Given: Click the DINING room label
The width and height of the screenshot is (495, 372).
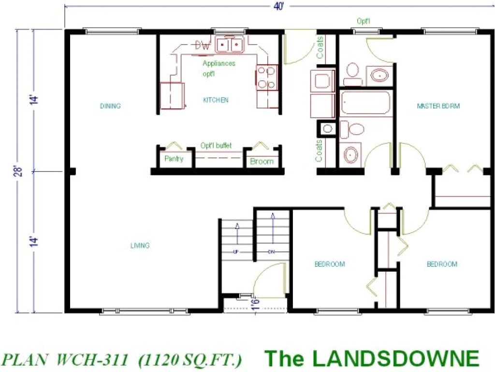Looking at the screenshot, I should (x=110, y=106).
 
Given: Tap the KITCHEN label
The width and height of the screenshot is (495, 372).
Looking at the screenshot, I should (x=216, y=100).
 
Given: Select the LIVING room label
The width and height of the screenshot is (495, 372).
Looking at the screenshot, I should (x=140, y=246).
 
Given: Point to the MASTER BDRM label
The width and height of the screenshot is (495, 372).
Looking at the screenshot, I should (x=438, y=106).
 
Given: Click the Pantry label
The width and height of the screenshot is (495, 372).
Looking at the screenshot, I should (x=174, y=159).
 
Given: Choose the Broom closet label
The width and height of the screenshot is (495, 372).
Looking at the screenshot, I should (x=262, y=162).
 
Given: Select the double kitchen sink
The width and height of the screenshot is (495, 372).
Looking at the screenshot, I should (x=229, y=45).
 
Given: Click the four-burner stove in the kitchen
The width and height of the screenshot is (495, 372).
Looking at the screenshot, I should (x=266, y=77).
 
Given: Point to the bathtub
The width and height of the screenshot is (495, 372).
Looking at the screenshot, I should (x=365, y=103).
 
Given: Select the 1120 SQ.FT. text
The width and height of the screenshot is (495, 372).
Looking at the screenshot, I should (x=190, y=360).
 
